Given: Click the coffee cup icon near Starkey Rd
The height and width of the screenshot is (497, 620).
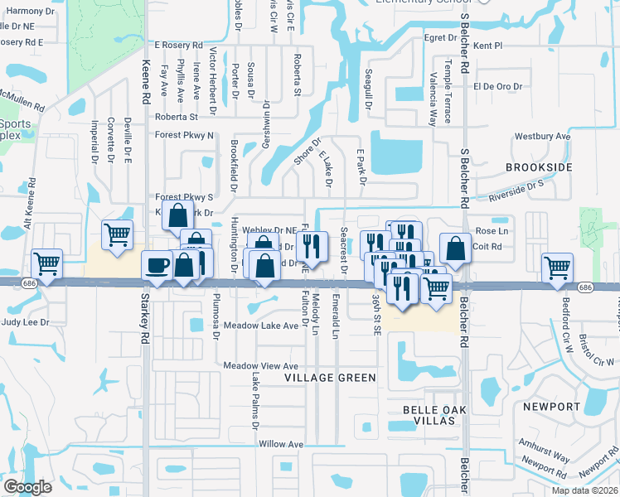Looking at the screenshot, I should click(x=157, y=265).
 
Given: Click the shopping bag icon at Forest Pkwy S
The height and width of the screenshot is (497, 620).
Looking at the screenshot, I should click(x=178, y=215).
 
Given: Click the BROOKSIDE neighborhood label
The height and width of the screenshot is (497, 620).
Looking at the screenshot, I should click(x=539, y=167).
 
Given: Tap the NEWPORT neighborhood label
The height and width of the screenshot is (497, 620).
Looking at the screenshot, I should click(x=551, y=407).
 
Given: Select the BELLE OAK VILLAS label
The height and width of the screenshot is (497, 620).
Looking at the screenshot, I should click(x=435, y=416).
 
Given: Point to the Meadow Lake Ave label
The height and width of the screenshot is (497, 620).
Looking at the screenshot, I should click(x=260, y=326).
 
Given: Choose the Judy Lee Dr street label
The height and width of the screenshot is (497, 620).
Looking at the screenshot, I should click(x=26, y=321).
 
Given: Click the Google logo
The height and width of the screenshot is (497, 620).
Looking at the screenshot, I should click(x=28, y=487).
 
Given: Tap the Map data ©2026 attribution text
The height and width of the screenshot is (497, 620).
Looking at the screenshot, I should click(x=585, y=490).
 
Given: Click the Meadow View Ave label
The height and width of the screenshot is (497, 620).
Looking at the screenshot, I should click(x=260, y=365).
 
